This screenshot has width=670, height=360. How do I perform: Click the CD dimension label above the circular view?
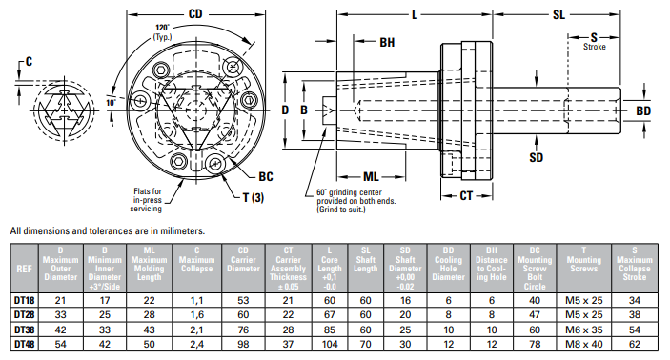pos(195,14)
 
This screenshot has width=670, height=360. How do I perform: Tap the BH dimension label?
pos(387,42)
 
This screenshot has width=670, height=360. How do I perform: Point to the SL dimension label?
pos(558,15)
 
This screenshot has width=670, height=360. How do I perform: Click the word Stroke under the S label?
pos(595,47)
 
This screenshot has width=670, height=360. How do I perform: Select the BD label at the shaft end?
pos(643,111)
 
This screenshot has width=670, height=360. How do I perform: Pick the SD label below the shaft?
pos(537,157)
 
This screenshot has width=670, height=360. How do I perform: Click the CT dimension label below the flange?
pos(466,196)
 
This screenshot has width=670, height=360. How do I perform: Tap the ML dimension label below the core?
pos(371,177)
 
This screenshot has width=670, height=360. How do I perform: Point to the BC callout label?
pos(265,176)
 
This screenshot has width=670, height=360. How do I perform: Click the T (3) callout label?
pos(254,198)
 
